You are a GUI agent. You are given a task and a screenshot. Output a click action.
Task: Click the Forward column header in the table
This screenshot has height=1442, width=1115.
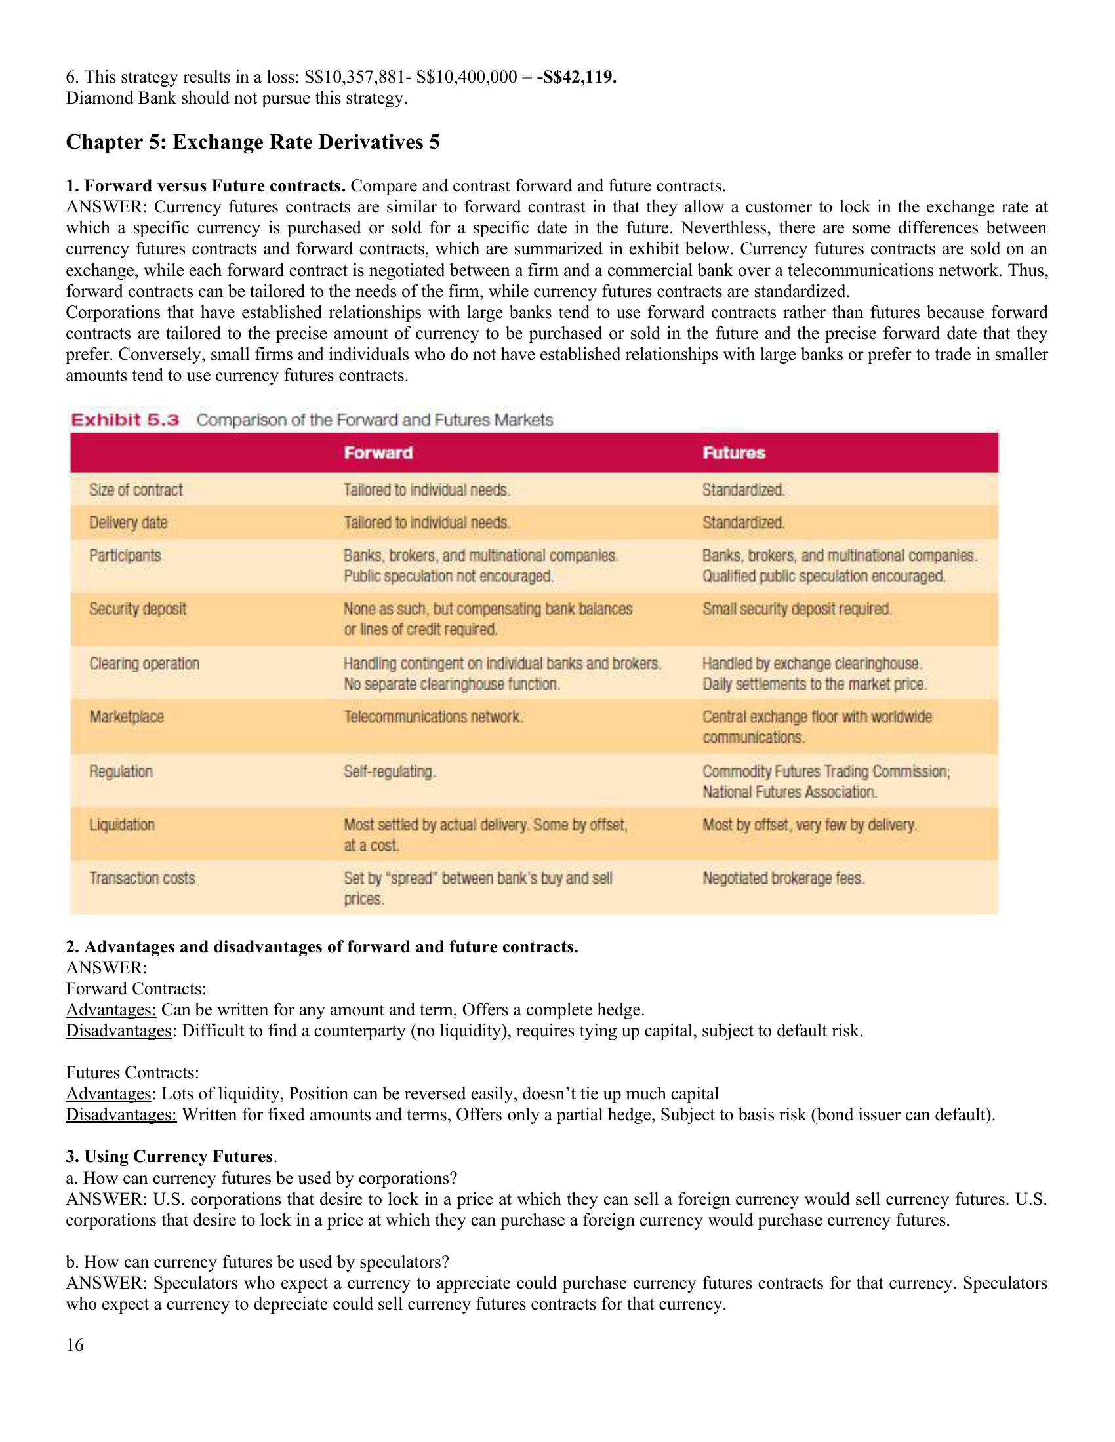[378, 453]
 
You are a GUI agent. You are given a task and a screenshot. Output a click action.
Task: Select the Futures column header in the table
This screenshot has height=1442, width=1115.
[733, 453]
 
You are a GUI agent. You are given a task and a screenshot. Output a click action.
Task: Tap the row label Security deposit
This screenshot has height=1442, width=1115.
[138, 609]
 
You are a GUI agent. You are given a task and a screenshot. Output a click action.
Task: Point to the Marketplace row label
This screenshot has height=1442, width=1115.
[127, 717]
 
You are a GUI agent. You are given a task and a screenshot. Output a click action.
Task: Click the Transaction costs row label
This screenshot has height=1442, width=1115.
[142, 878]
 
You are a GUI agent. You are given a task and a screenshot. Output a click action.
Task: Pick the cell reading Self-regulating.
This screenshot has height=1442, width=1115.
[390, 771]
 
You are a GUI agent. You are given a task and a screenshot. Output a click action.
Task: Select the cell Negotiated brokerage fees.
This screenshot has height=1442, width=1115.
[783, 878]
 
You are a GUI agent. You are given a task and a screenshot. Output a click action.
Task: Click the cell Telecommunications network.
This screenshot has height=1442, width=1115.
[434, 717]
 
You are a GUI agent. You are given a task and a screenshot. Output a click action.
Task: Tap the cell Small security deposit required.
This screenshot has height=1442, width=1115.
[798, 609]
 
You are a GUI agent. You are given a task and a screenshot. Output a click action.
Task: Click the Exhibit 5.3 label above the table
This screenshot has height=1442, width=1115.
[125, 420]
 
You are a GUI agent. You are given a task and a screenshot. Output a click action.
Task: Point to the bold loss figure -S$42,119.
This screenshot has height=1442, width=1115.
[577, 77]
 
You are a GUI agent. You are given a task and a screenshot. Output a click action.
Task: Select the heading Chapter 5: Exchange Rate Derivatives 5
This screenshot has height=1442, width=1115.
[253, 143]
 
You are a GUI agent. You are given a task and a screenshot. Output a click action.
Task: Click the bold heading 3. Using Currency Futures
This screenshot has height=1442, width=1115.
[170, 1156]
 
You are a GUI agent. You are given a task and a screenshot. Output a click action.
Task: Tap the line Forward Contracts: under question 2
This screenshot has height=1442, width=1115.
[136, 988]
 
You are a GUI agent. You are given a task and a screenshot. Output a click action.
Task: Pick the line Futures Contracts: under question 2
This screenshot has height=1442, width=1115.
[132, 1072]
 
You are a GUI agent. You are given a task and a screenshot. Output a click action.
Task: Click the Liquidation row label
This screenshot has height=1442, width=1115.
[122, 825]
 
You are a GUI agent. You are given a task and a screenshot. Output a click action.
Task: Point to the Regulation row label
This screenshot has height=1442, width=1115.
[121, 771]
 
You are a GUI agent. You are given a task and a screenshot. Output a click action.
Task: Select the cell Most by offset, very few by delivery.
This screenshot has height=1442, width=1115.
[809, 825]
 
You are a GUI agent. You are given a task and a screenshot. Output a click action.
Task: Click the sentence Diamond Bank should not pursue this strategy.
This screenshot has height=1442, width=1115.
[237, 98]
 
